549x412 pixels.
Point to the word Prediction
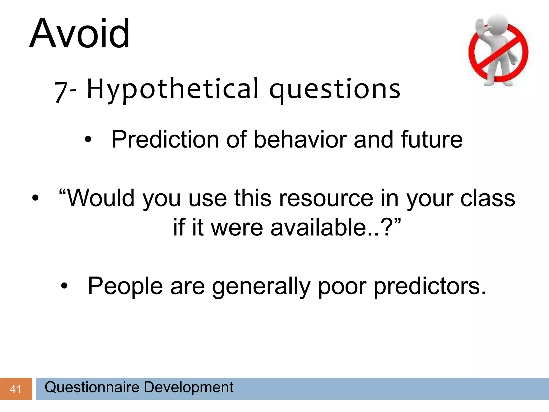pos(165,139)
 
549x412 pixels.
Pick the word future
pos(432,139)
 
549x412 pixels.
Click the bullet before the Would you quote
pos(35,198)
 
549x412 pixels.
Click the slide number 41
pos(16,389)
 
